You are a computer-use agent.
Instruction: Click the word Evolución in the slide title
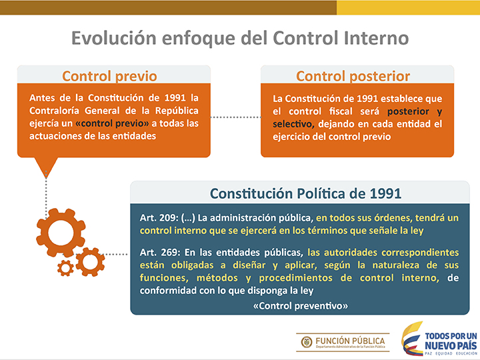[113, 38]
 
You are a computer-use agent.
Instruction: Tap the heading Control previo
[109, 76]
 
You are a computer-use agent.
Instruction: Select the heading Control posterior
[353, 76]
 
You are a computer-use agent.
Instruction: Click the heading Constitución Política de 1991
[305, 193]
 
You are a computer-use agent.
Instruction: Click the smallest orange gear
[65, 268]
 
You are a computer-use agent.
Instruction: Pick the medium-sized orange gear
[90, 262]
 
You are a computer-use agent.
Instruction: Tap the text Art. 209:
[159, 217]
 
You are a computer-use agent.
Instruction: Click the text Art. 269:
[159, 252]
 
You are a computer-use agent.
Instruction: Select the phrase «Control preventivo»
[300, 306]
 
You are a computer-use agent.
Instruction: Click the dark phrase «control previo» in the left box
[112, 123]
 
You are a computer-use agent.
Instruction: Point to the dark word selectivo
[293, 124]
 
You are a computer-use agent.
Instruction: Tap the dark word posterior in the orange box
[408, 111]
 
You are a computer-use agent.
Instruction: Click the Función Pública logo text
[350, 341]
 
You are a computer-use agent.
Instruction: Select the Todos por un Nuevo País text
[451, 341]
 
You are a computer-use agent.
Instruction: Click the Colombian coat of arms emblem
[307, 342]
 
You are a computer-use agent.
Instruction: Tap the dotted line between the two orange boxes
[235, 117]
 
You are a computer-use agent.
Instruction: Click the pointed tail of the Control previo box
[46, 177]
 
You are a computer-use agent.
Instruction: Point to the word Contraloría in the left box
[54, 111]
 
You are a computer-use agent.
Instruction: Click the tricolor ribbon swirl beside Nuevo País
[412, 338]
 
